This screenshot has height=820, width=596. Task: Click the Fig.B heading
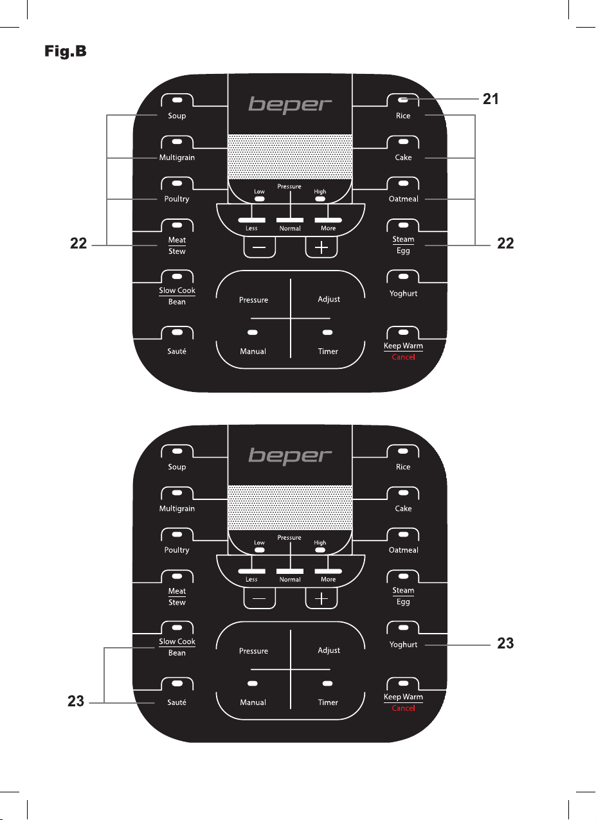65,51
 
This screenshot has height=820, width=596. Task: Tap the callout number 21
491,99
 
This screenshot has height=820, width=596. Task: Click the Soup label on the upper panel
177,116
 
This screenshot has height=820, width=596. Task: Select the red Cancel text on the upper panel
403,357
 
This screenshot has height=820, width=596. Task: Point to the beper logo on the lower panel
290,456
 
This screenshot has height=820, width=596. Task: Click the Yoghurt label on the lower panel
403,645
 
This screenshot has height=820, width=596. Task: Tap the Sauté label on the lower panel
177,702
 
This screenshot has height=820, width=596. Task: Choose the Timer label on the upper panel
328,352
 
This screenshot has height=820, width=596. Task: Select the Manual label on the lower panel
253,702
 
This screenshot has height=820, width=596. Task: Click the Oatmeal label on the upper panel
403,199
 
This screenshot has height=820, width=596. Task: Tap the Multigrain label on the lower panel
177,508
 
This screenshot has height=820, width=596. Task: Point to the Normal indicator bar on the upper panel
290,220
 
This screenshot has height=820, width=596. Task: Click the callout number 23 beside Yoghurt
505,643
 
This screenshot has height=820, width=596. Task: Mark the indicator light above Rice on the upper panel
403,100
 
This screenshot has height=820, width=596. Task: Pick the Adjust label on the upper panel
329,299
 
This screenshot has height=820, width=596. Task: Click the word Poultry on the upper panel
177,199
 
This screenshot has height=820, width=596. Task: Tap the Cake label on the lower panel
403,508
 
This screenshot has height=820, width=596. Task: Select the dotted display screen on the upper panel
290,157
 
